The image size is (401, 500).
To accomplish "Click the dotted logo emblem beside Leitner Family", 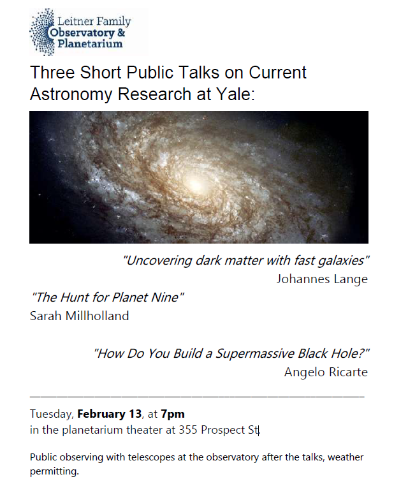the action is click(42, 32).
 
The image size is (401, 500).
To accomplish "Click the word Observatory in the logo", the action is click(82, 33).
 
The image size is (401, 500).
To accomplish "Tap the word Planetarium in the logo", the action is click(90, 43).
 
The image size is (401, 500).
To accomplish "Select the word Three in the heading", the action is click(52, 73).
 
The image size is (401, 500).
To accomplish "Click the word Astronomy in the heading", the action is click(71, 94).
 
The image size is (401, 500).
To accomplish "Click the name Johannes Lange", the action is click(322, 279).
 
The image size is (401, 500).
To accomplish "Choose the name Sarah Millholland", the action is click(79, 316).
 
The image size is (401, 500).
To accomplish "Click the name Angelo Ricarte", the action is click(326, 372).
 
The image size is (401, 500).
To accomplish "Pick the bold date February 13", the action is click(110, 414).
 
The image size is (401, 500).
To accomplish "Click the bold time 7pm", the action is click(173, 415).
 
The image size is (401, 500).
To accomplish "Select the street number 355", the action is click(188, 430).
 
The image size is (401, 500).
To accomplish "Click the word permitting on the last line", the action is click(54, 471).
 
